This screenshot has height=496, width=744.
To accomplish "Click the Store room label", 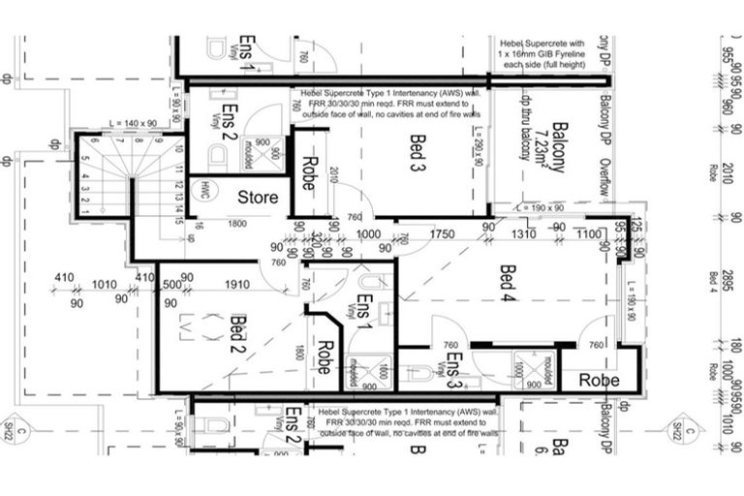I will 259,197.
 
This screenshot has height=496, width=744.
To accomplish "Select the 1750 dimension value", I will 441,234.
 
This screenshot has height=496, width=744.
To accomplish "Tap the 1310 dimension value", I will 523,234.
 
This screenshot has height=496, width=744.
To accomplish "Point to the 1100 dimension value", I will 589,234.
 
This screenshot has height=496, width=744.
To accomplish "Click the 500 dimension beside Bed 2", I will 172,285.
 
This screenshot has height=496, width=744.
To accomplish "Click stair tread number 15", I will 180,219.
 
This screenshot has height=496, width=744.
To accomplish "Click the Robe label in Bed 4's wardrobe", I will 599,381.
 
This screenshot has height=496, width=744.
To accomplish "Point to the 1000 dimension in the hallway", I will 368,234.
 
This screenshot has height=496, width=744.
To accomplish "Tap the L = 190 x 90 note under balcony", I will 548,207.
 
